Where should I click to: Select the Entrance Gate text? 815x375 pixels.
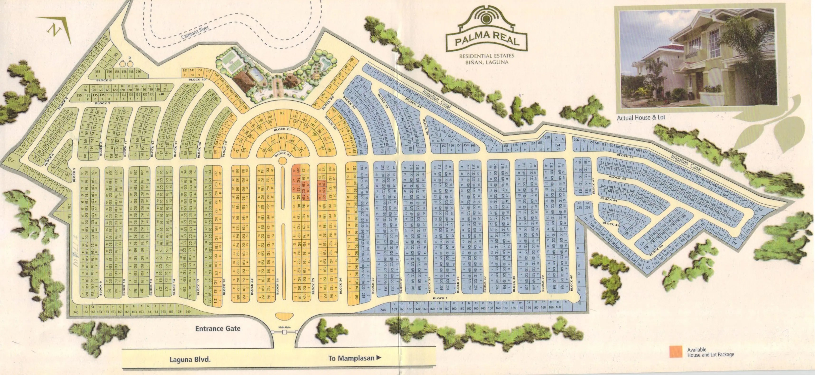(218, 328)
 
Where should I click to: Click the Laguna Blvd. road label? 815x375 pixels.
(190, 360)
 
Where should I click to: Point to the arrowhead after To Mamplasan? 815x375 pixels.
(378, 358)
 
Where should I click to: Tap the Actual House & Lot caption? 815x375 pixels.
(641, 117)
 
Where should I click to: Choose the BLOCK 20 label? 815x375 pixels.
(197, 79)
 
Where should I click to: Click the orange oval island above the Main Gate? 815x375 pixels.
(284, 316)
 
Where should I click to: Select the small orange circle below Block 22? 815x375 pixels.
(282, 161)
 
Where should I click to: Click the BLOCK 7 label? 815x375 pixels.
(103, 103)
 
